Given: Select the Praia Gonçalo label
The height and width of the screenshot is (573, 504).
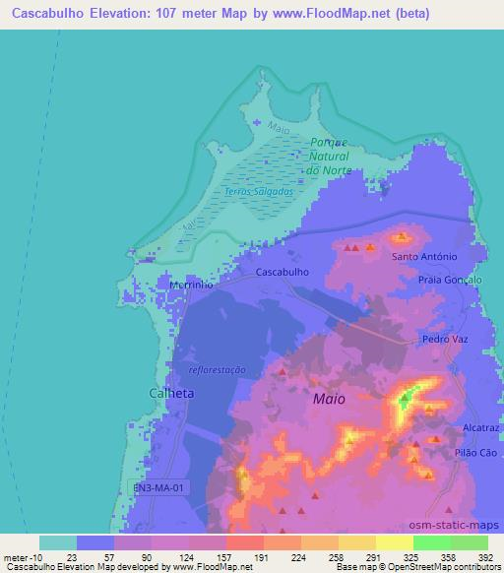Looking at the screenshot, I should coord(450,280).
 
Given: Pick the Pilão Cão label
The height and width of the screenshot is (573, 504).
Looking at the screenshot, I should coord(475,453).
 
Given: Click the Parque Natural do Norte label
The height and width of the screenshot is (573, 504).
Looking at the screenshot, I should coord(328,156).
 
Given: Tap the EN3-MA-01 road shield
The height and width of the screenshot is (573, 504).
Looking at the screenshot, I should coord(158,486).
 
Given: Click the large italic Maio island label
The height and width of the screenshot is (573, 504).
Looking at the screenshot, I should coord(329,401).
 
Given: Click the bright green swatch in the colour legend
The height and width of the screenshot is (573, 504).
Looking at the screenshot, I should coord(432,542).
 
